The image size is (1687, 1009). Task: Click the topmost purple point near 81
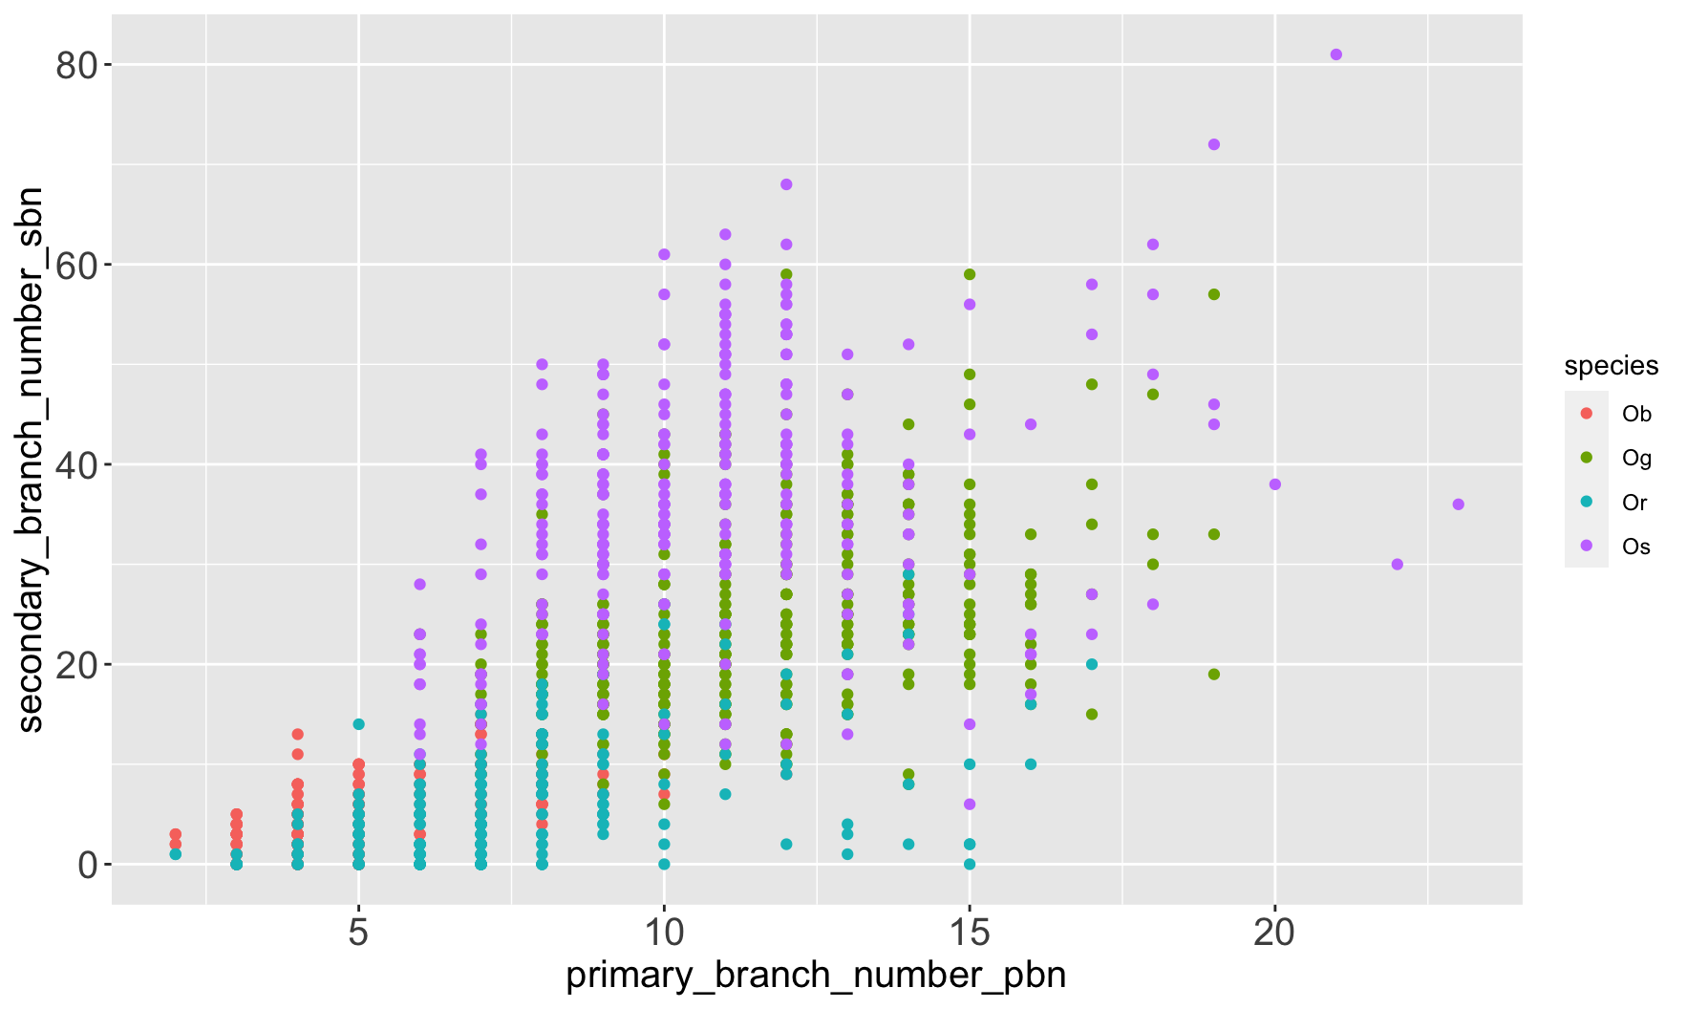[1335, 54]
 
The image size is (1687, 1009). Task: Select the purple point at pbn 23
[1458, 504]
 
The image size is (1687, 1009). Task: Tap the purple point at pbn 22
[1397, 565]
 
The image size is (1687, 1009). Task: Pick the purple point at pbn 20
[1274, 484]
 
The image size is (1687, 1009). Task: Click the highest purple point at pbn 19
[1213, 144]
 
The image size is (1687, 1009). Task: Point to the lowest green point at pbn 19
[1213, 675]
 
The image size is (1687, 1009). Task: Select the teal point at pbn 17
[1091, 664]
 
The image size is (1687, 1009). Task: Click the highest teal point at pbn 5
[358, 724]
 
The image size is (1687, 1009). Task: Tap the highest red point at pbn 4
[297, 734]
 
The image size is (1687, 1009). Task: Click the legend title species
[1611, 366]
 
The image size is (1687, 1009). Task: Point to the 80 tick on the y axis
[80, 65]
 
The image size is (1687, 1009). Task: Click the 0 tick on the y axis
[89, 865]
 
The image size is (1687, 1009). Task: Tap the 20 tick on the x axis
[1274, 932]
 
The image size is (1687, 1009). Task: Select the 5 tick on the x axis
[358, 932]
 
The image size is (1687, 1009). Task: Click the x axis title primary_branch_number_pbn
[816, 977]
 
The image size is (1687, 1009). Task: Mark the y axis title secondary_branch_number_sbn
[31, 460]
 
